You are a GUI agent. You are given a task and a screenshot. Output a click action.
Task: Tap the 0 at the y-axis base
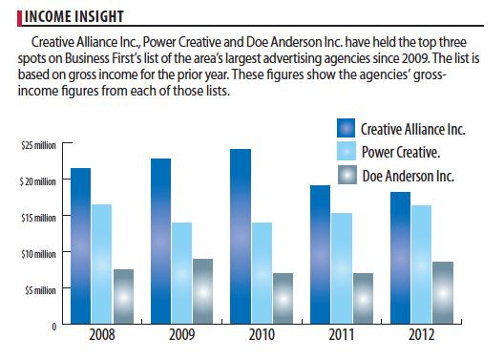click(54, 327)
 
